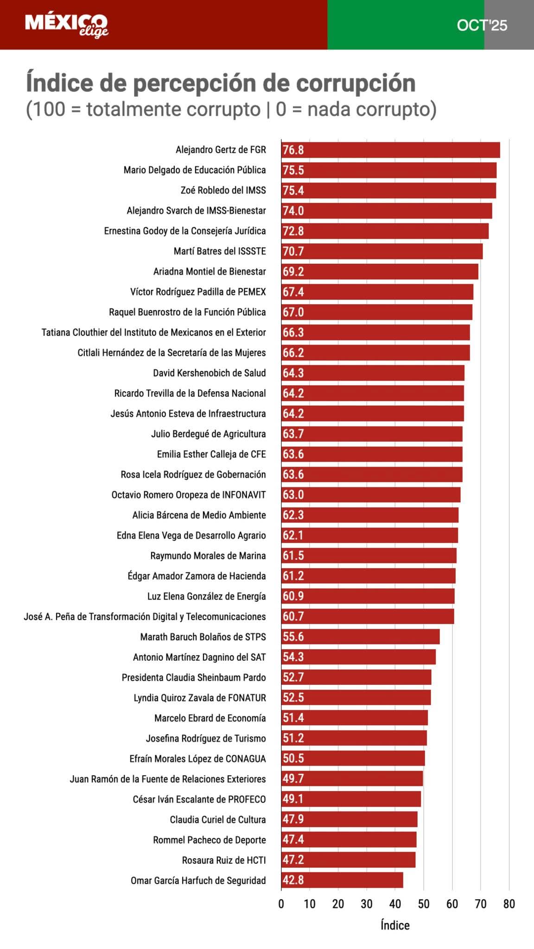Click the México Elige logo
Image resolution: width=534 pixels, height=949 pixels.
pos(66,25)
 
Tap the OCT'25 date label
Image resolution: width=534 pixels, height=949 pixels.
pos(482,25)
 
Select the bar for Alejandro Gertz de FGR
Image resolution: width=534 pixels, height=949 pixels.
pos(390,150)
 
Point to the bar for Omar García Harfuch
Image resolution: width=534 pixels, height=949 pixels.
pos(342,880)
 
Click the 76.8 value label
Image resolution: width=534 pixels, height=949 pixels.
pos(293,150)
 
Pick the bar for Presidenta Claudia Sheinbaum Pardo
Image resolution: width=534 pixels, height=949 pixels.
pos(356,677)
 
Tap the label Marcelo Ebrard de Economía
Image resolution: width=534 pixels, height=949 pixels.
pos(210,718)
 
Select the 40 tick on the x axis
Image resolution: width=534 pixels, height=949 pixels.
pos(395,904)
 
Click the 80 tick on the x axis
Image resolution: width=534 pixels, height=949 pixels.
pos(509,904)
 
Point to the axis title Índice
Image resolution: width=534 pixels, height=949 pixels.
pos(395,925)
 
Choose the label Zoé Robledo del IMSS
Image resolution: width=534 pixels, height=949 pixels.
pos(223,190)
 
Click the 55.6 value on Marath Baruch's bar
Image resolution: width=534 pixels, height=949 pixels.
pos(293,637)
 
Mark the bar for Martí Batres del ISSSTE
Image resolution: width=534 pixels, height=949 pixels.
pos(382,251)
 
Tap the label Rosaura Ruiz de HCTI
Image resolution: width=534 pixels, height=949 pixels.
pos(224,860)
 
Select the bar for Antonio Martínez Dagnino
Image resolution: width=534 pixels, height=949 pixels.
pos(358,657)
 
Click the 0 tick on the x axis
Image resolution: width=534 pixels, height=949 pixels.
pos(281,904)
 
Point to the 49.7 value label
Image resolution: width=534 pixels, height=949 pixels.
pos(293,778)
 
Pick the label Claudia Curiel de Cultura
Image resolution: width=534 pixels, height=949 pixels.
pos(217,819)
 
